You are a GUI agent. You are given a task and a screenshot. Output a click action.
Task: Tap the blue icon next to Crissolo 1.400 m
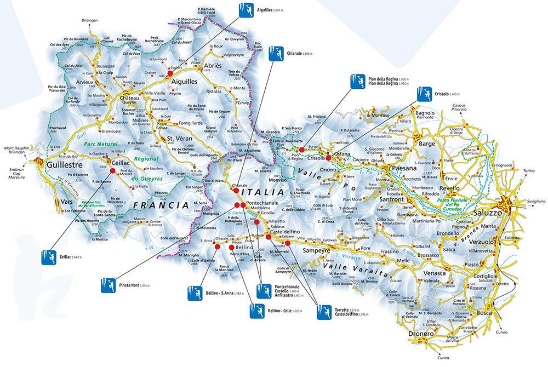click(x=424, y=94)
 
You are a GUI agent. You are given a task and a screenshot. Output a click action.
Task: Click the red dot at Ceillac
click(x=112, y=170)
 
